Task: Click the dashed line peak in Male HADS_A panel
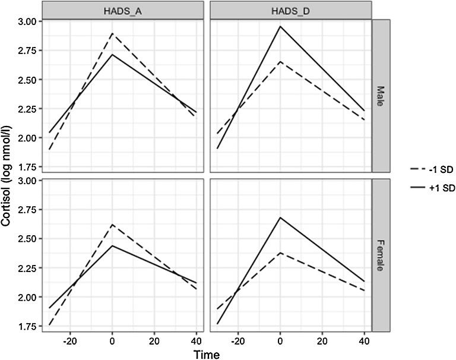click(112, 33)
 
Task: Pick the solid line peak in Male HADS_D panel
click(279, 26)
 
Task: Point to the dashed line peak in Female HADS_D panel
click(279, 252)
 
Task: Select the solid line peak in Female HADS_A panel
click(112, 245)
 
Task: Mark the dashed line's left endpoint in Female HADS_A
click(49, 325)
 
